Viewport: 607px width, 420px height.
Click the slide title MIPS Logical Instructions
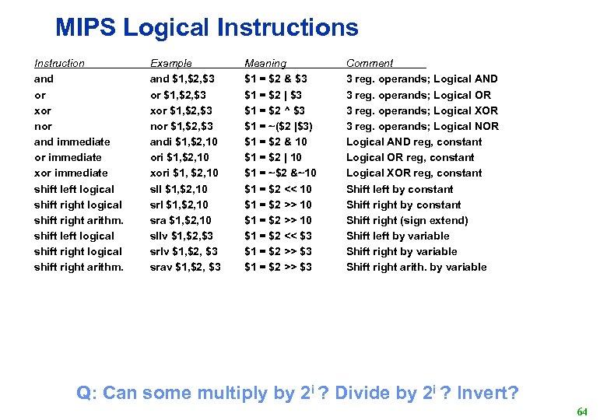coord(207,28)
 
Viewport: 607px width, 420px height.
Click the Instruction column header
coord(59,63)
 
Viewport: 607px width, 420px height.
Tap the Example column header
coord(170,63)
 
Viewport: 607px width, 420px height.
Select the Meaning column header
coord(265,63)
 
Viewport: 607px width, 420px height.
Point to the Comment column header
coord(370,63)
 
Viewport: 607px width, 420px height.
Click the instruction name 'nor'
coord(43,126)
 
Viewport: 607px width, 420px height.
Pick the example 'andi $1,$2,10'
coord(184,142)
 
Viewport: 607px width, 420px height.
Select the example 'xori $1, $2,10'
coord(184,173)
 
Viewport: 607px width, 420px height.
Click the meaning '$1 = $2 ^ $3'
coord(275,110)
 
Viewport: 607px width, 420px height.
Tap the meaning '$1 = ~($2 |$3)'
coord(279,126)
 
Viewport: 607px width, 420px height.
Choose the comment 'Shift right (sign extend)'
coord(407,220)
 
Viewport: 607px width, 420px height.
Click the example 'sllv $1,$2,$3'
coord(181,236)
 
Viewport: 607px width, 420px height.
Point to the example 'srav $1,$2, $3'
coord(184,267)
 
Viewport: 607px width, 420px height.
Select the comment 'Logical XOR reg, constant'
coord(414,173)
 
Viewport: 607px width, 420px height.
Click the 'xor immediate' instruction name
coord(71,173)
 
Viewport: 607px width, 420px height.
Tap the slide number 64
coord(581,411)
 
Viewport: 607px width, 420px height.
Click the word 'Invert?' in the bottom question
coord(488,393)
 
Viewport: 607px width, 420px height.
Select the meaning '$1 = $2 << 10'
coord(278,189)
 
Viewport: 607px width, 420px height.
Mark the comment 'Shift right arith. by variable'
coord(416,267)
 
